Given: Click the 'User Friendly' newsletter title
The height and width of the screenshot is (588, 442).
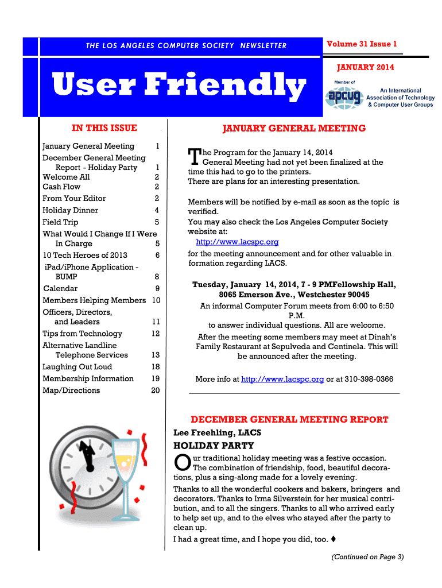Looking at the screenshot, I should click(179, 86).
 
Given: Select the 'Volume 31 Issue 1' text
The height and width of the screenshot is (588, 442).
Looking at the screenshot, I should click(362, 44).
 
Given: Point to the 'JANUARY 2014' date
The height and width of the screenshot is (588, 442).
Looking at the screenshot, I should click(365, 68).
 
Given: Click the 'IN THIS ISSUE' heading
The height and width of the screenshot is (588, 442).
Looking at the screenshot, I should click(104, 127).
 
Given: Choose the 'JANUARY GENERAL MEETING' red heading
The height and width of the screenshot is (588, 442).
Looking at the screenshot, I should click(294, 128).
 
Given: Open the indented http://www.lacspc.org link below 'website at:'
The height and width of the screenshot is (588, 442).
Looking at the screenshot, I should click(237, 242).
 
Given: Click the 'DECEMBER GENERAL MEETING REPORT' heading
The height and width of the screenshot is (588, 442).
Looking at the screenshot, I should click(289, 419).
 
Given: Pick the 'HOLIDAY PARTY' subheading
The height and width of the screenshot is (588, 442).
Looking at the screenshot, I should click(214, 446).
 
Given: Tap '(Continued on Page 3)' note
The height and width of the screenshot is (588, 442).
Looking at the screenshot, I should click(367, 556).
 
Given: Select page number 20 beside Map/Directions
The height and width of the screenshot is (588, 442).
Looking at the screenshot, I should click(155, 390).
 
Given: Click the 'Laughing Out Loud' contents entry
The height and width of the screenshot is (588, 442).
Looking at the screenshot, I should click(77, 367).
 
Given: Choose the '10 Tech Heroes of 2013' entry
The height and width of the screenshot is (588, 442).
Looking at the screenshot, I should click(85, 255).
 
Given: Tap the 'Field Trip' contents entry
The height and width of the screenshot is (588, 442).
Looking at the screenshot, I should click(60, 222).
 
